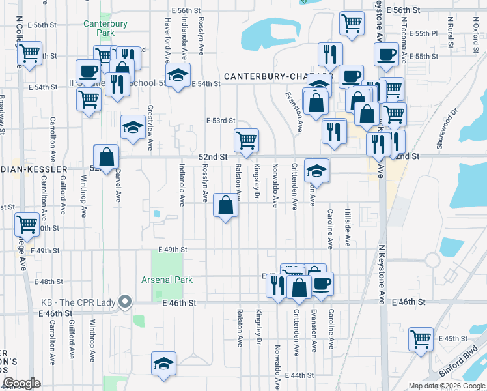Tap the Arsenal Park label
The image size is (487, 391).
point(168,280)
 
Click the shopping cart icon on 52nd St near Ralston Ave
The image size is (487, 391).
point(246,141)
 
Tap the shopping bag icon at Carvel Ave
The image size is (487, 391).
point(106,157)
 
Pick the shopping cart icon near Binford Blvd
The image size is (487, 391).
point(421,339)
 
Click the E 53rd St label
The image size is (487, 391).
point(221,121)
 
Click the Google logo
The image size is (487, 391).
point(21,383)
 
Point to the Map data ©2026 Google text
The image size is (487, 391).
point(447,386)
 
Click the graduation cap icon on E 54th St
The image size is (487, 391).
point(178,76)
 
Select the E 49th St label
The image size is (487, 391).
point(172,250)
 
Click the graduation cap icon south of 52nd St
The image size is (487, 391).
point(316,171)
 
